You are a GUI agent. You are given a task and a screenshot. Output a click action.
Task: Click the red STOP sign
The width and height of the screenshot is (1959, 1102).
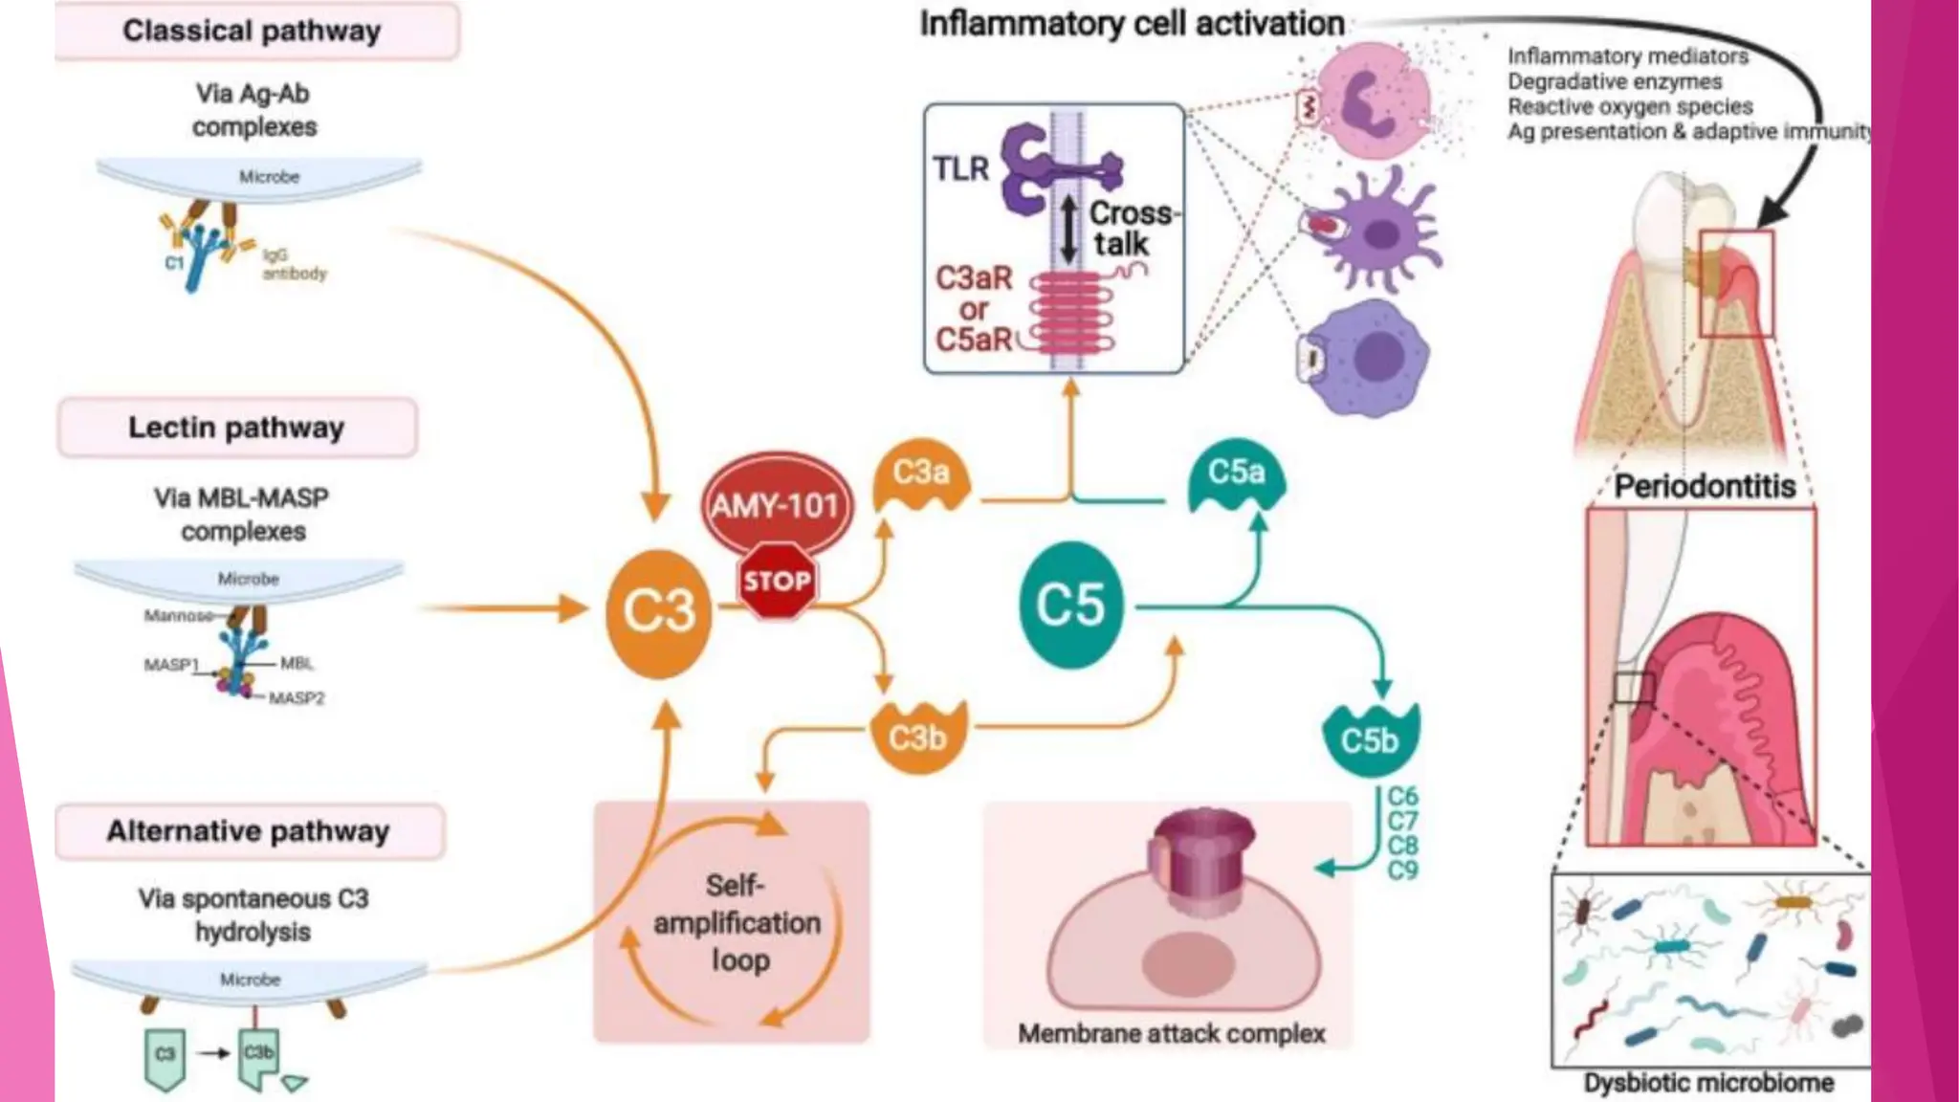777,581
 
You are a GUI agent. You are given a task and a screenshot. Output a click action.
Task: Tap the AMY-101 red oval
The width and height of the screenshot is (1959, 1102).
775,504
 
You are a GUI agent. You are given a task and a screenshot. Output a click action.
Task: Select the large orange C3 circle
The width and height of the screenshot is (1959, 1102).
659,611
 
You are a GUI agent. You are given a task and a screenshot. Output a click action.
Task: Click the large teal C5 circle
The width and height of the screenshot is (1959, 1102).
1070,605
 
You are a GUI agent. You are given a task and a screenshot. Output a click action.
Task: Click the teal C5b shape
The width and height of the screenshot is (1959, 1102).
1370,739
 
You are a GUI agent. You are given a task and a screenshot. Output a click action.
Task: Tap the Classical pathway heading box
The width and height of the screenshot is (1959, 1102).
255,31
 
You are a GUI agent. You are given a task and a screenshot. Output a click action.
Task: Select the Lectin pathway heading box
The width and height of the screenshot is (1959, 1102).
237,428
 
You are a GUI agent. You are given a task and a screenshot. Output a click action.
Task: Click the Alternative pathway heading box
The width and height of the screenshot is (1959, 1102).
249,831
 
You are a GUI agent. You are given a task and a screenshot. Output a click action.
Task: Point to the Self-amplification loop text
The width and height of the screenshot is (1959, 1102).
736,922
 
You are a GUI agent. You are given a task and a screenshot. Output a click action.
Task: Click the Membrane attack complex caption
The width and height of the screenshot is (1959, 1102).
1171,1034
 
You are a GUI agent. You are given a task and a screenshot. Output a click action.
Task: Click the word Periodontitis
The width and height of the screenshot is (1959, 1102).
1704,486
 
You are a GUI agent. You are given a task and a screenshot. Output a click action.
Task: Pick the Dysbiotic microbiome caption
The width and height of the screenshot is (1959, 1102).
1708,1083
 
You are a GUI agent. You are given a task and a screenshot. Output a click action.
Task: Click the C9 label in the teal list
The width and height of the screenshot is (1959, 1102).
1402,871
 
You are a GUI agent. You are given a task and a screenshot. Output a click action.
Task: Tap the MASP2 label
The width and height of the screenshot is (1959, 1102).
296,698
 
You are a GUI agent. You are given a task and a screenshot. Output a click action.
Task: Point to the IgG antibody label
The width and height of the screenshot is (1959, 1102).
293,264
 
